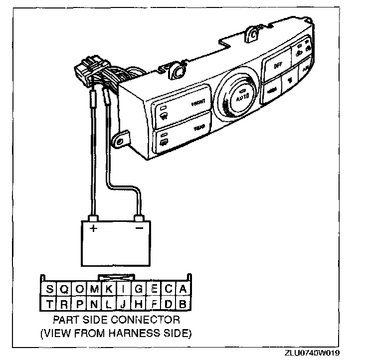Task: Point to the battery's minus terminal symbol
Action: click(140, 228)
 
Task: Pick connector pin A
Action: click(183, 289)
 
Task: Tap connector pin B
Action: click(183, 303)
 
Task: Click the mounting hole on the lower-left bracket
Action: click(119, 141)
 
